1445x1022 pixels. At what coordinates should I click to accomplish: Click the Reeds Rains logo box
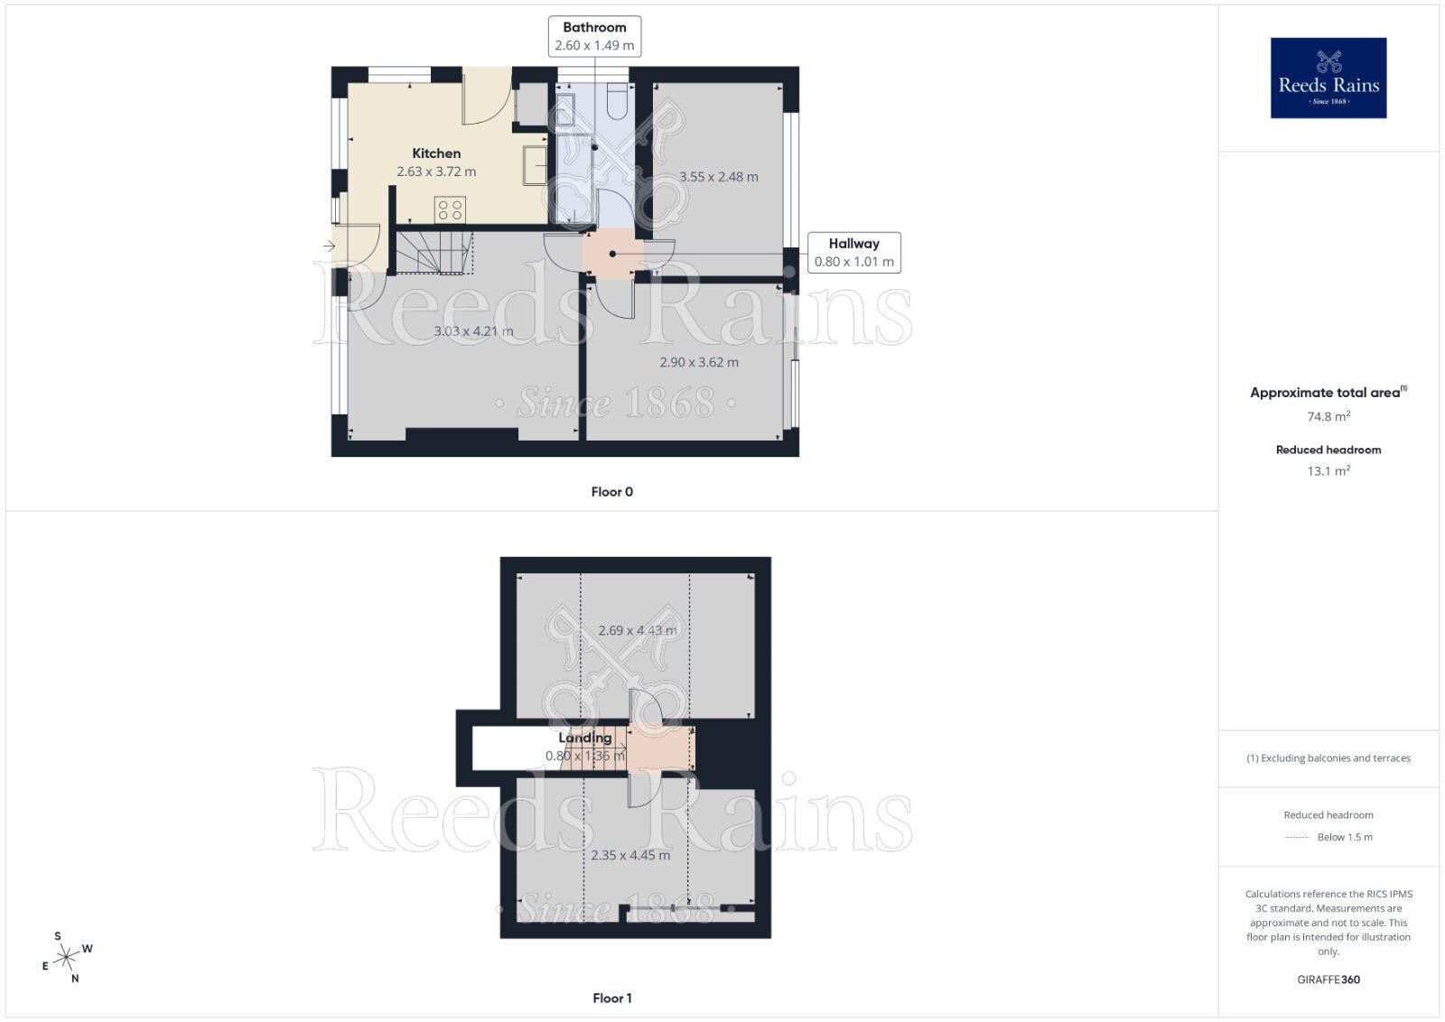tap(1328, 78)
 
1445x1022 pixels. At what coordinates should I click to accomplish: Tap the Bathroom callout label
tap(594, 36)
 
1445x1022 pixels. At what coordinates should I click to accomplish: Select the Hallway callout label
tap(853, 253)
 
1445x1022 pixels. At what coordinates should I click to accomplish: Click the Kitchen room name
tap(436, 153)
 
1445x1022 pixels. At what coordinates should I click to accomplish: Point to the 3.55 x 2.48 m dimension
tap(719, 177)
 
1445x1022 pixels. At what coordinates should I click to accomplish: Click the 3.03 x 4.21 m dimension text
tap(473, 331)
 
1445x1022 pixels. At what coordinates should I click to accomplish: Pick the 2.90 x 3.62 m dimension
tap(698, 362)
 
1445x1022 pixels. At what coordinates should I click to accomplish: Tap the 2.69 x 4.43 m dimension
tap(637, 630)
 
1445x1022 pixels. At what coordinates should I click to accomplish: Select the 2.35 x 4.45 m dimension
tap(630, 855)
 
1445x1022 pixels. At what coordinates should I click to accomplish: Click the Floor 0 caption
tap(611, 492)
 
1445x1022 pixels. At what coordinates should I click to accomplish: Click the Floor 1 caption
tap(611, 998)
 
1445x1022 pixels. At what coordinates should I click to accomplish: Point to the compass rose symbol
tap(67, 957)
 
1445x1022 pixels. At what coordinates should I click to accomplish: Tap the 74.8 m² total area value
tap(1328, 416)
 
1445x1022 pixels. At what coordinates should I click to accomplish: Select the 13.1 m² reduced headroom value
tap(1328, 470)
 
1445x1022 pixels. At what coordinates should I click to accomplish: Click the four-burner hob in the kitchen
tap(450, 209)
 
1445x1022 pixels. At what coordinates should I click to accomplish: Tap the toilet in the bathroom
tap(618, 102)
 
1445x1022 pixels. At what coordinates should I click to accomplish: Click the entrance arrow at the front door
tap(329, 246)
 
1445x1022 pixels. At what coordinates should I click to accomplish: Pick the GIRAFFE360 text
tap(1328, 980)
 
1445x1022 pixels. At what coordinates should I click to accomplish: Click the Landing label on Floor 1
tap(584, 738)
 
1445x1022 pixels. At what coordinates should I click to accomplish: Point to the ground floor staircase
tap(435, 252)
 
